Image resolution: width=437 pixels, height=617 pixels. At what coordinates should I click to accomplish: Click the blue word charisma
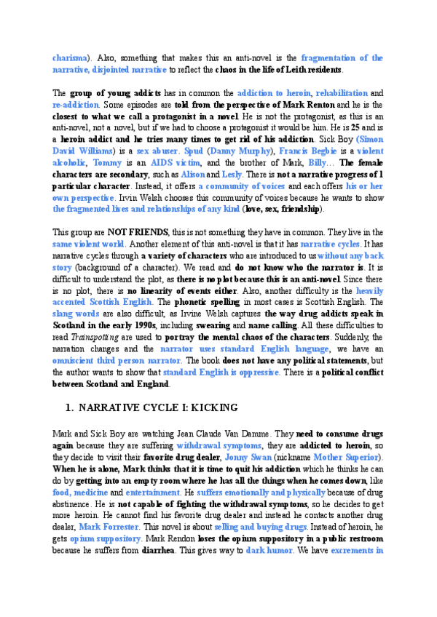70,57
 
